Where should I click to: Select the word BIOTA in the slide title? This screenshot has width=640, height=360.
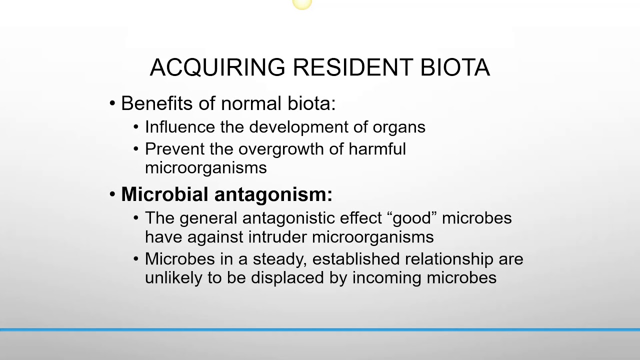[455, 67]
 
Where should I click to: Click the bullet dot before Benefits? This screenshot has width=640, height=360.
[112, 104]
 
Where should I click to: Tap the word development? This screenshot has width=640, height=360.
[299, 127]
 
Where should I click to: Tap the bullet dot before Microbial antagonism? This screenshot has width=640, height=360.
[112, 194]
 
